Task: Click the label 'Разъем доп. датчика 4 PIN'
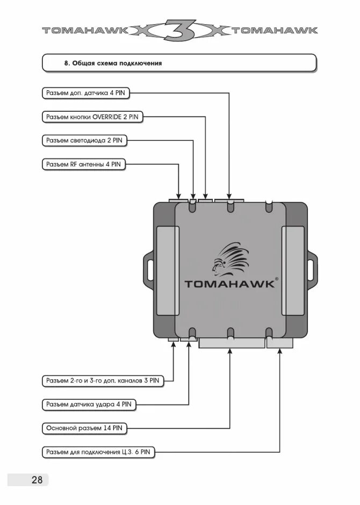[x=85, y=93]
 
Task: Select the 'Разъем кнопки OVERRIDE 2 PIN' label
[x=92, y=117]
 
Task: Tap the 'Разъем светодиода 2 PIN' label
[x=84, y=141]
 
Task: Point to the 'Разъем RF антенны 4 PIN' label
[x=83, y=165]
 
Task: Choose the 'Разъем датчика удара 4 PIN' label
[x=88, y=404]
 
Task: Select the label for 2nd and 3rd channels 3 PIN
[x=102, y=380]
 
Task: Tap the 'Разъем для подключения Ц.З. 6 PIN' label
[x=98, y=453]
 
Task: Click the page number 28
[x=37, y=480]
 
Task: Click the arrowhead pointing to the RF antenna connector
[x=179, y=194]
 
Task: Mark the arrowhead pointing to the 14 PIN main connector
[x=230, y=352]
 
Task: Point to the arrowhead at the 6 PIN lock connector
[x=280, y=352]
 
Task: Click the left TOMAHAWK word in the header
[x=85, y=31]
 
